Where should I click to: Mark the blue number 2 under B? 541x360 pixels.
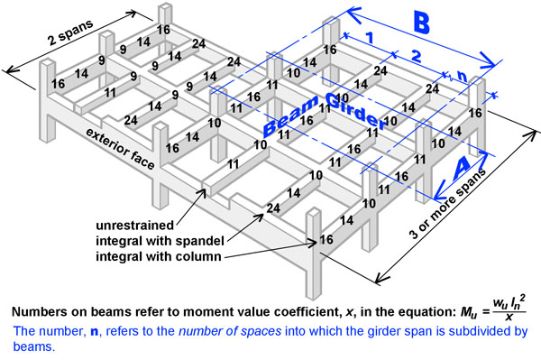click(x=417, y=57)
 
